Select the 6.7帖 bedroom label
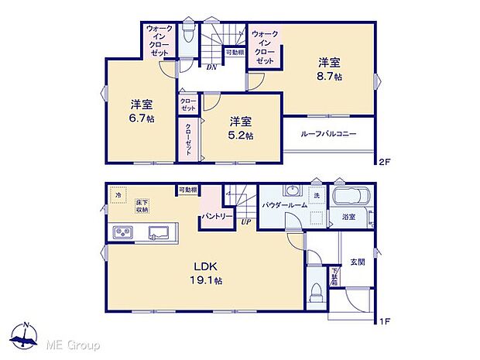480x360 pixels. coord(140,111)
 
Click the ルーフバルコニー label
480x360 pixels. coord(329,134)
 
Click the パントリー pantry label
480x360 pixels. coord(216,217)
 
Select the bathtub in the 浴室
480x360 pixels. coord(353,197)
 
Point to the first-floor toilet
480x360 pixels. coord(316,293)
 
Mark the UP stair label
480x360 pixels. coord(245,222)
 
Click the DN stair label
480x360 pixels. coord(211,67)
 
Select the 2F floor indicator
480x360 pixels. coord(385,163)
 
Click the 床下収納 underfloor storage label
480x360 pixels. coord(141,204)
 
